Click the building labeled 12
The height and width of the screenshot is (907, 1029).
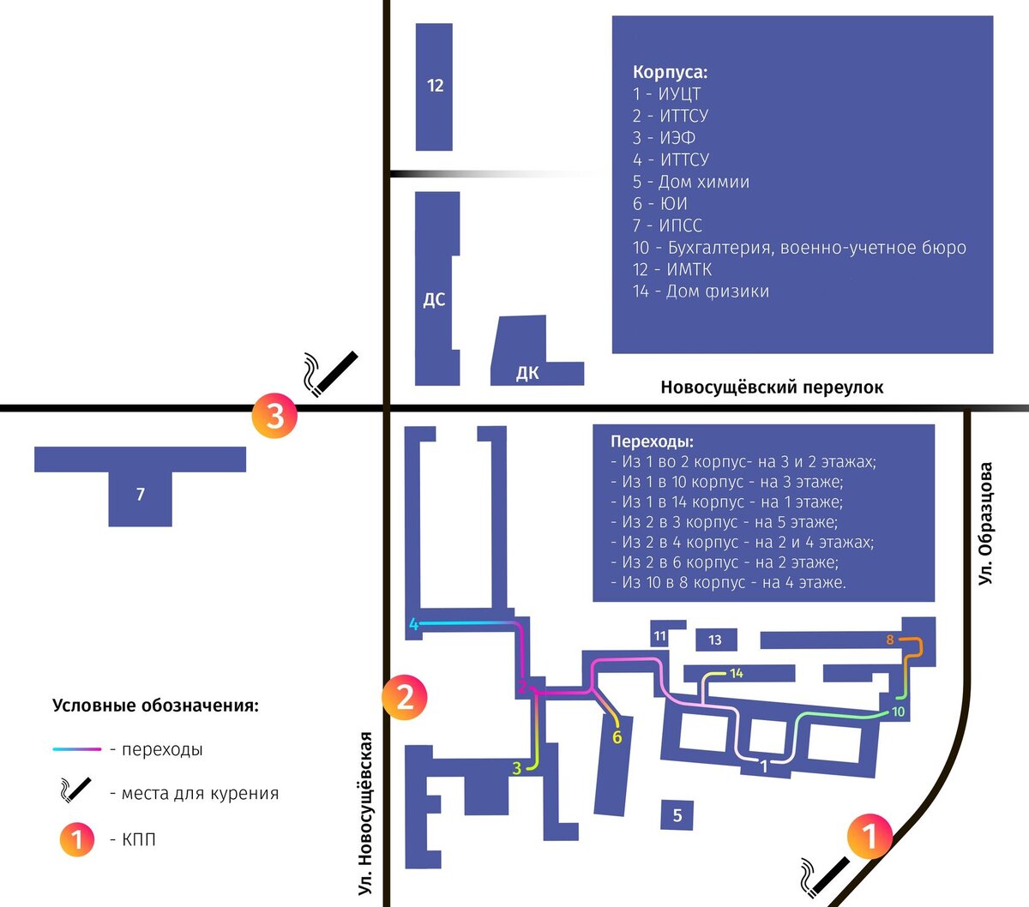434,86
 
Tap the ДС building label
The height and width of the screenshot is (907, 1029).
434,299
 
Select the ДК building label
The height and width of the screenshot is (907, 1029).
527,373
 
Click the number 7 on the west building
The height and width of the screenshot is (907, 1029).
141,494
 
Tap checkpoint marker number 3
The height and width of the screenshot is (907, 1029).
274,417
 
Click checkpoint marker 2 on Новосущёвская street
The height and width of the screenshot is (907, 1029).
405,696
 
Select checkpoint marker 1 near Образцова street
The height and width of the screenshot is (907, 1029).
870,836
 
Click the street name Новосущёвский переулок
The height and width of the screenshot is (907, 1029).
771,387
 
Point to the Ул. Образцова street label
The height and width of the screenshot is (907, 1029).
986,524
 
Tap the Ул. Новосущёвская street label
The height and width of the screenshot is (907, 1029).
366,814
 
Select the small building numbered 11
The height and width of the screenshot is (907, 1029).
659,636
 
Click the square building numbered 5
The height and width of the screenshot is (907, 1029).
677,815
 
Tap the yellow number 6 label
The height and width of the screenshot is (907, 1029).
617,737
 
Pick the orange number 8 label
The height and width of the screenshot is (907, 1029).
890,640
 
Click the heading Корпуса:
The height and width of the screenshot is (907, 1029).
670,73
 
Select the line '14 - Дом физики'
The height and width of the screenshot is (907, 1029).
701,291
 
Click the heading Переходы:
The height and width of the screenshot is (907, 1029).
652,441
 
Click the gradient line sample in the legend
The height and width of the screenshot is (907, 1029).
77,749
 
